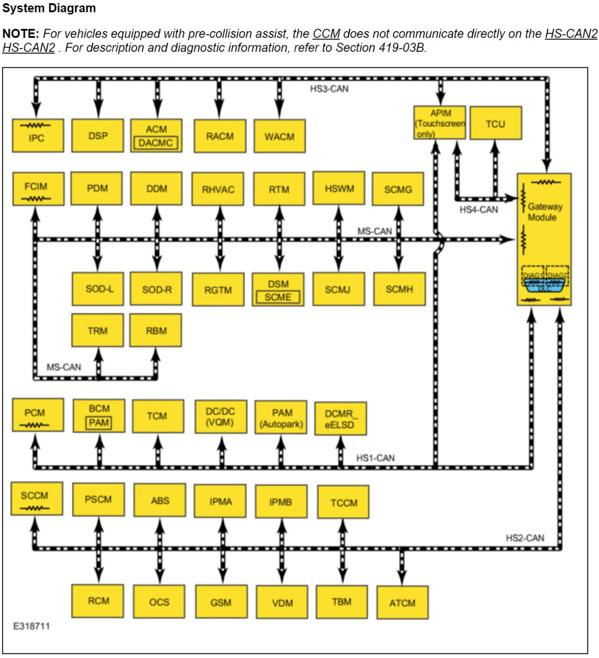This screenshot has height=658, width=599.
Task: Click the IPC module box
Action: [x=38, y=136]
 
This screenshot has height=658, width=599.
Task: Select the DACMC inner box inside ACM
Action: [x=156, y=143]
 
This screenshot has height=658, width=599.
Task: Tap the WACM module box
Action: [x=279, y=136]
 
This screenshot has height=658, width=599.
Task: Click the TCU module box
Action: [x=495, y=124]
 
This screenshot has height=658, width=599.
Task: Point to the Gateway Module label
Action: [x=544, y=212]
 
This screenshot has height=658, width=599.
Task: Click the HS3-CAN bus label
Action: [x=329, y=89]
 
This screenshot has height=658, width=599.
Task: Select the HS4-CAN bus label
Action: [x=478, y=210]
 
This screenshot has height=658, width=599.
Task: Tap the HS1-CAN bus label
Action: [x=375, y=458]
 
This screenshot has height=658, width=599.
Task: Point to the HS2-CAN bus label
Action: [x=525, y=538]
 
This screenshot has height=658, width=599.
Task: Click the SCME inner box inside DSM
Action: [x=278, y=297]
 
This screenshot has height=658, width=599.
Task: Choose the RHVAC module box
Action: [x=218, y=189]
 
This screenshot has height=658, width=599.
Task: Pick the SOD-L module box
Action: [x=98, y=289]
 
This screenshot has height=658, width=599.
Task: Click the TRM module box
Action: [x=97, y=331]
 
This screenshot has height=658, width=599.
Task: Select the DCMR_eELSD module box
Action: [x=340, y=419]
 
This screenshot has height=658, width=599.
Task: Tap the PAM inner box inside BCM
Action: [x=99, y=423]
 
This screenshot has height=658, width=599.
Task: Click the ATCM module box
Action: [x=402, y=603]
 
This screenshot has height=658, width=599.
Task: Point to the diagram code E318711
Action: [x=31, y=626]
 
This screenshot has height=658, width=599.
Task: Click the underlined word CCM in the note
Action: [x=326, y=34]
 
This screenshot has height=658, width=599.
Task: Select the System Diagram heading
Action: [x=49, y=8]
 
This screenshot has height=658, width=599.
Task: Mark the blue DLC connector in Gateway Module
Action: [x=544, y=285]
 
